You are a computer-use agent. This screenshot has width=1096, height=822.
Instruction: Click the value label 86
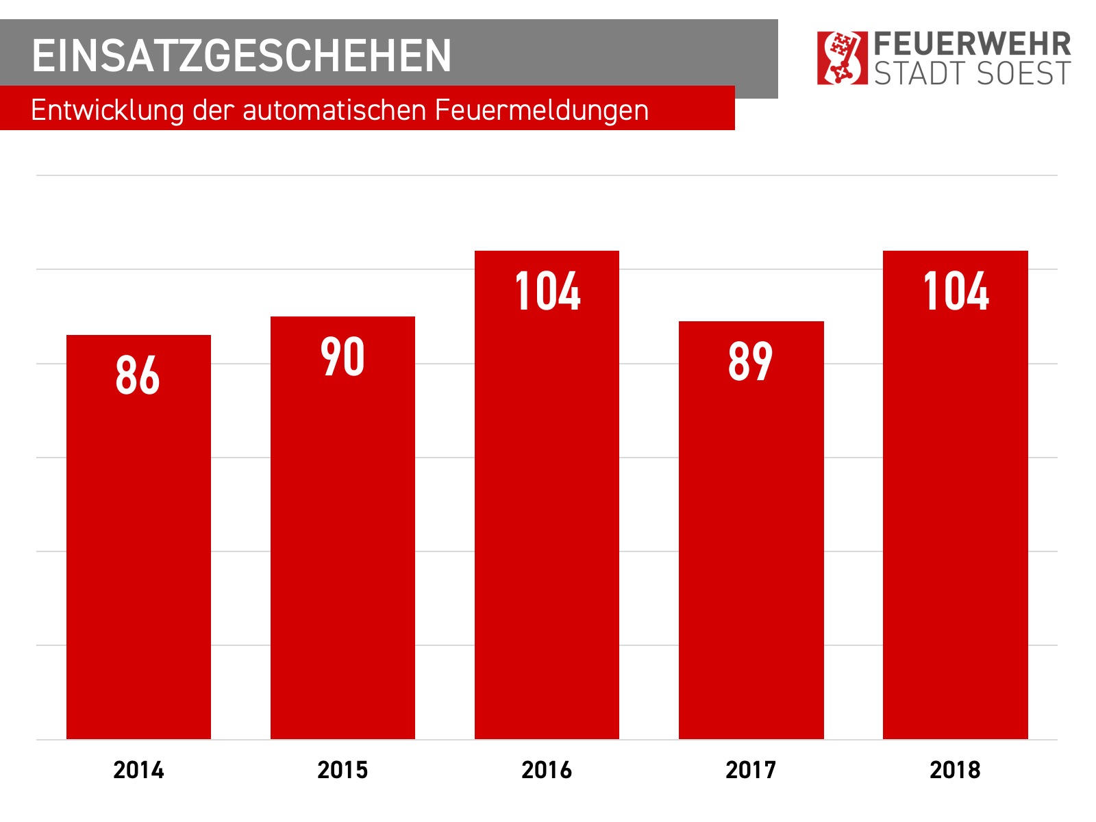[138, 375]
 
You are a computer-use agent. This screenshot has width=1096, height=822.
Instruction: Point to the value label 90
[342, 357]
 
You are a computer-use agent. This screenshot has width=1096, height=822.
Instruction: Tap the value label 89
[751, 362]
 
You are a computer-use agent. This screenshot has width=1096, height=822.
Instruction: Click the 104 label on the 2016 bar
[547, 292]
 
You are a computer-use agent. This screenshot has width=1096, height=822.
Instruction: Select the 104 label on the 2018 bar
[956, 292]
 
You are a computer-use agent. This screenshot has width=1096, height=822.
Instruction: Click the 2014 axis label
[138, 770]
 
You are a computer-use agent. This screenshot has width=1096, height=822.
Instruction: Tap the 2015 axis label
[342, 770]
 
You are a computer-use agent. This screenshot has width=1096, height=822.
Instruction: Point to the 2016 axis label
[547, 770]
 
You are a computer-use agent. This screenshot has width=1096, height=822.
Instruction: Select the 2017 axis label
[751, 770]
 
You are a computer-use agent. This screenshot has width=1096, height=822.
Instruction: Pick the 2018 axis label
[955, 770]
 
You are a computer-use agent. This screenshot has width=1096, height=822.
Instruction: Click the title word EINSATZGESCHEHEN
[241, 55]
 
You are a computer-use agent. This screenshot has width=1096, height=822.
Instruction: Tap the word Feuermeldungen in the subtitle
[541, 110]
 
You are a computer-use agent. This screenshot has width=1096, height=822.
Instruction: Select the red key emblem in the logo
[842, 58]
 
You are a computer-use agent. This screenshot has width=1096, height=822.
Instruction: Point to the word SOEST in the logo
[1021, 74]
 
